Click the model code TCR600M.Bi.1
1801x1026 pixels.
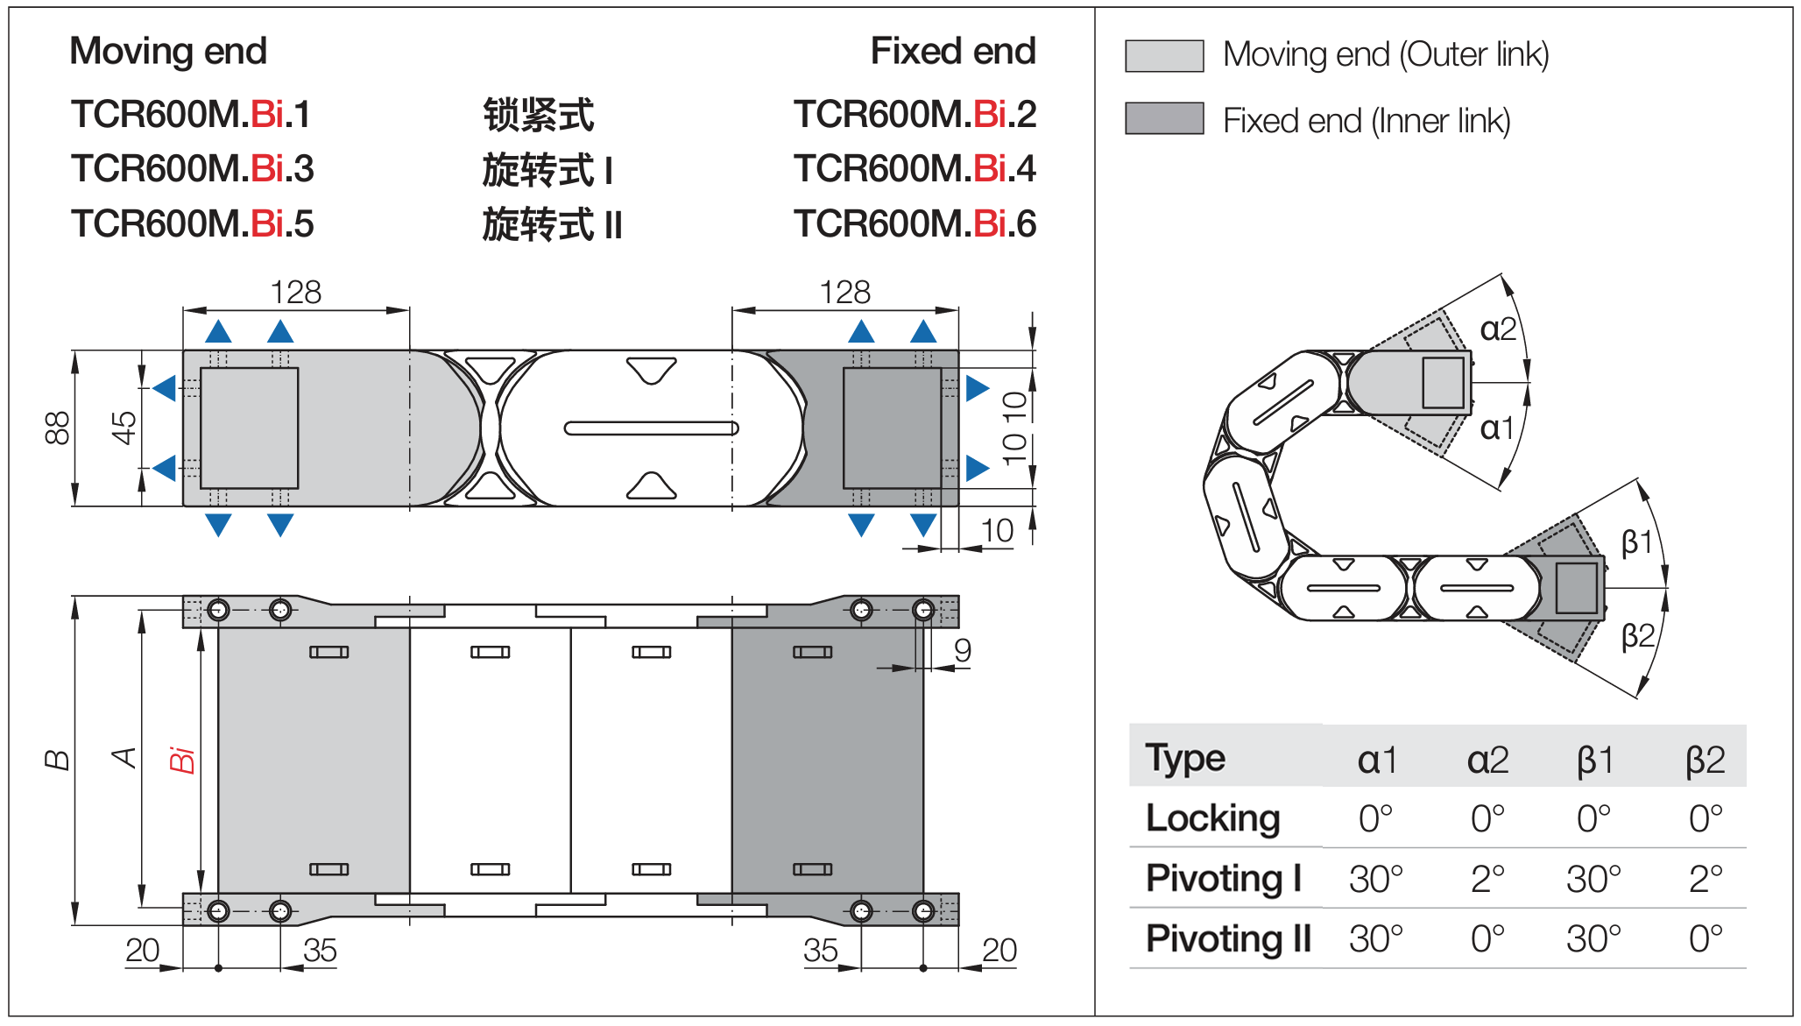tap(191, 115)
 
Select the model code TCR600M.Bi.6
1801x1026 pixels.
tap(915, 224)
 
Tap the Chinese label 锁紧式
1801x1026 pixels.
tap(539, 116)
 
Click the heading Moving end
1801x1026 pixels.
tap(168, 51)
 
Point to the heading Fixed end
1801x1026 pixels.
tap(953, 51)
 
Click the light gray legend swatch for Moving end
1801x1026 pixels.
tap(1163, 55)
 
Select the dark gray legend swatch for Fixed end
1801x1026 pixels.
tap(1163, 118)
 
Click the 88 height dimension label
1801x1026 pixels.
tap(58, 428)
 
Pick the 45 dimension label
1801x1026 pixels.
tap(124, 428)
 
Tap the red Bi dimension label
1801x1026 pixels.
tap(181, 760)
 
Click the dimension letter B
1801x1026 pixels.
tap(58, 760)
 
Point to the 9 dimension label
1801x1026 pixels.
tap(963, 650)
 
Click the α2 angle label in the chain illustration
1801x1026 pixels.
tap(1498, 329)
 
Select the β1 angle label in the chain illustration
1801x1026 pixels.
tap(1636, 542)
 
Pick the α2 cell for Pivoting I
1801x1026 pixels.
tap(1487, 879)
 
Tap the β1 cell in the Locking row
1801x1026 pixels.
tap(1593, 818)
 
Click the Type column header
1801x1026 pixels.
tap(1185, 758)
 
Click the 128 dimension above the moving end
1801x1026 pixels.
tap(296, 293)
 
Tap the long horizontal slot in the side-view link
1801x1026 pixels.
tap(651, 428)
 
